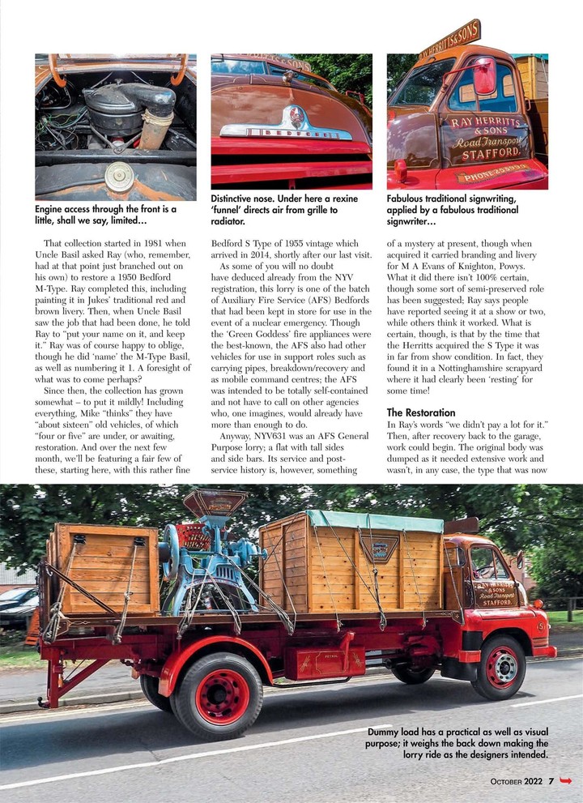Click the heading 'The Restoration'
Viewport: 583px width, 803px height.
[420, 412]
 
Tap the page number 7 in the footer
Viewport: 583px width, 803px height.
[551, 781]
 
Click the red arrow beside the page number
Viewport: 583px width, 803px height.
[565, 781]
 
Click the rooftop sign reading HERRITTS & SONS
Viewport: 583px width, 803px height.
[450, 41]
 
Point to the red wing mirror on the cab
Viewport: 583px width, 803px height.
[484, 75]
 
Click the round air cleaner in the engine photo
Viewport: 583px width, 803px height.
[119, 177]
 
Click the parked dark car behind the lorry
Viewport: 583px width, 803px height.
[18, 604]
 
